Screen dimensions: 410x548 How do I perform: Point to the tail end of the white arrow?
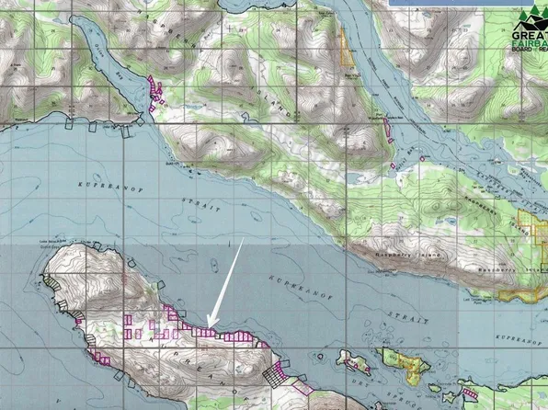coord(243,239)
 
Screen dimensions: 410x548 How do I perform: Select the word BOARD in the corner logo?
coord(523,51)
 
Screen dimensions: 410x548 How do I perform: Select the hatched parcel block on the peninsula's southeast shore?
coord(274,375)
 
